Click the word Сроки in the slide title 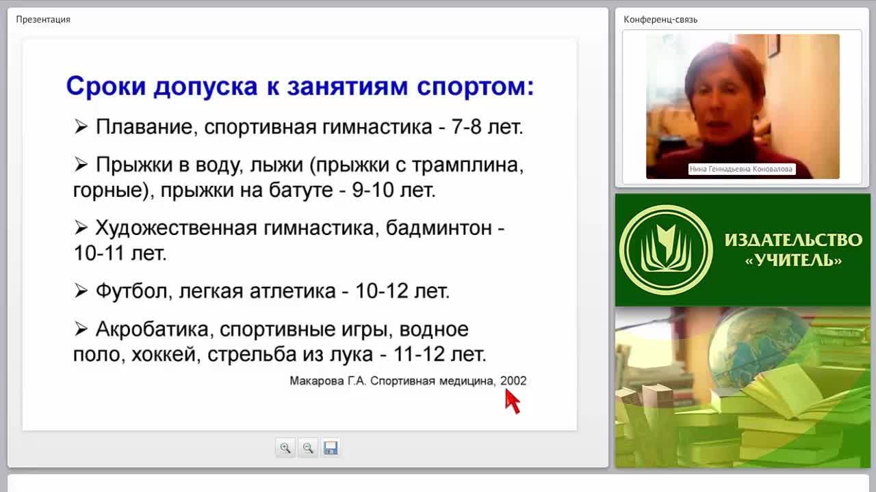(106, 86)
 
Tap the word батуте (300, 191)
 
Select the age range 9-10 (373, 190)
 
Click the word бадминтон (439, 228)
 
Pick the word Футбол (131, 291)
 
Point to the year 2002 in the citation (513, 381)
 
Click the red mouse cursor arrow (512, 400)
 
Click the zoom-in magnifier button (285, 448)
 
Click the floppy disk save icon (331, 448)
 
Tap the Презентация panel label (43, 20)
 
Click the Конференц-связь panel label (660, 20)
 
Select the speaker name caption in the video (740, 169)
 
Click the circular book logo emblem (666, 250)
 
